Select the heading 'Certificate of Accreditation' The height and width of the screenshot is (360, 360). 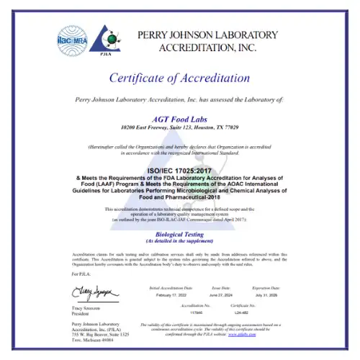tap(180, 78)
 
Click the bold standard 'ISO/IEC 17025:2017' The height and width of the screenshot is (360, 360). tap(180, 170)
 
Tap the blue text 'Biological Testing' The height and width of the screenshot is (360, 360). tap(180, 235)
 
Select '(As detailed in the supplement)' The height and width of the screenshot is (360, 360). tap(180, 241)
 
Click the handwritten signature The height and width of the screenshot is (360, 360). tap(89, 291)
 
